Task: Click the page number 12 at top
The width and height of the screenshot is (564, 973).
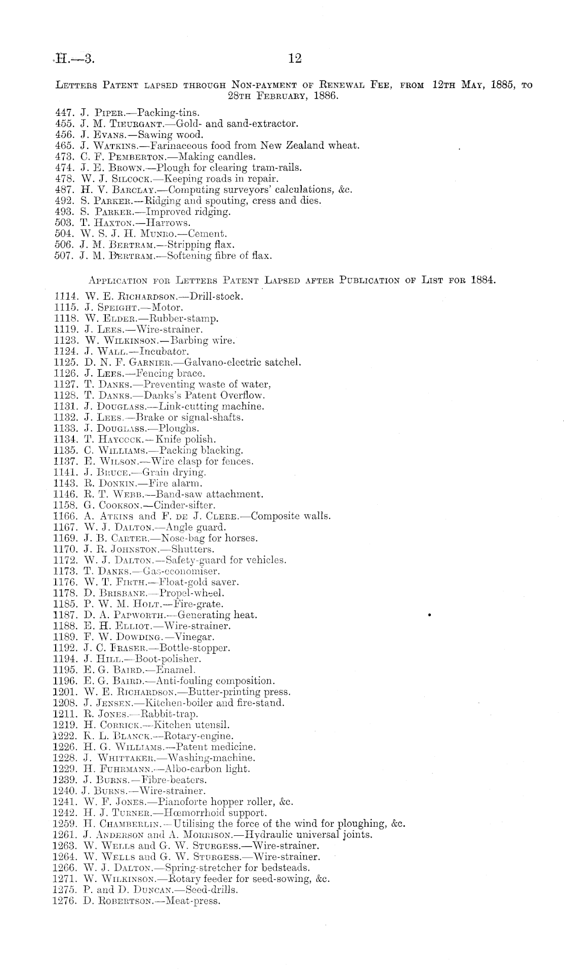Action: [x=295, y=59]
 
